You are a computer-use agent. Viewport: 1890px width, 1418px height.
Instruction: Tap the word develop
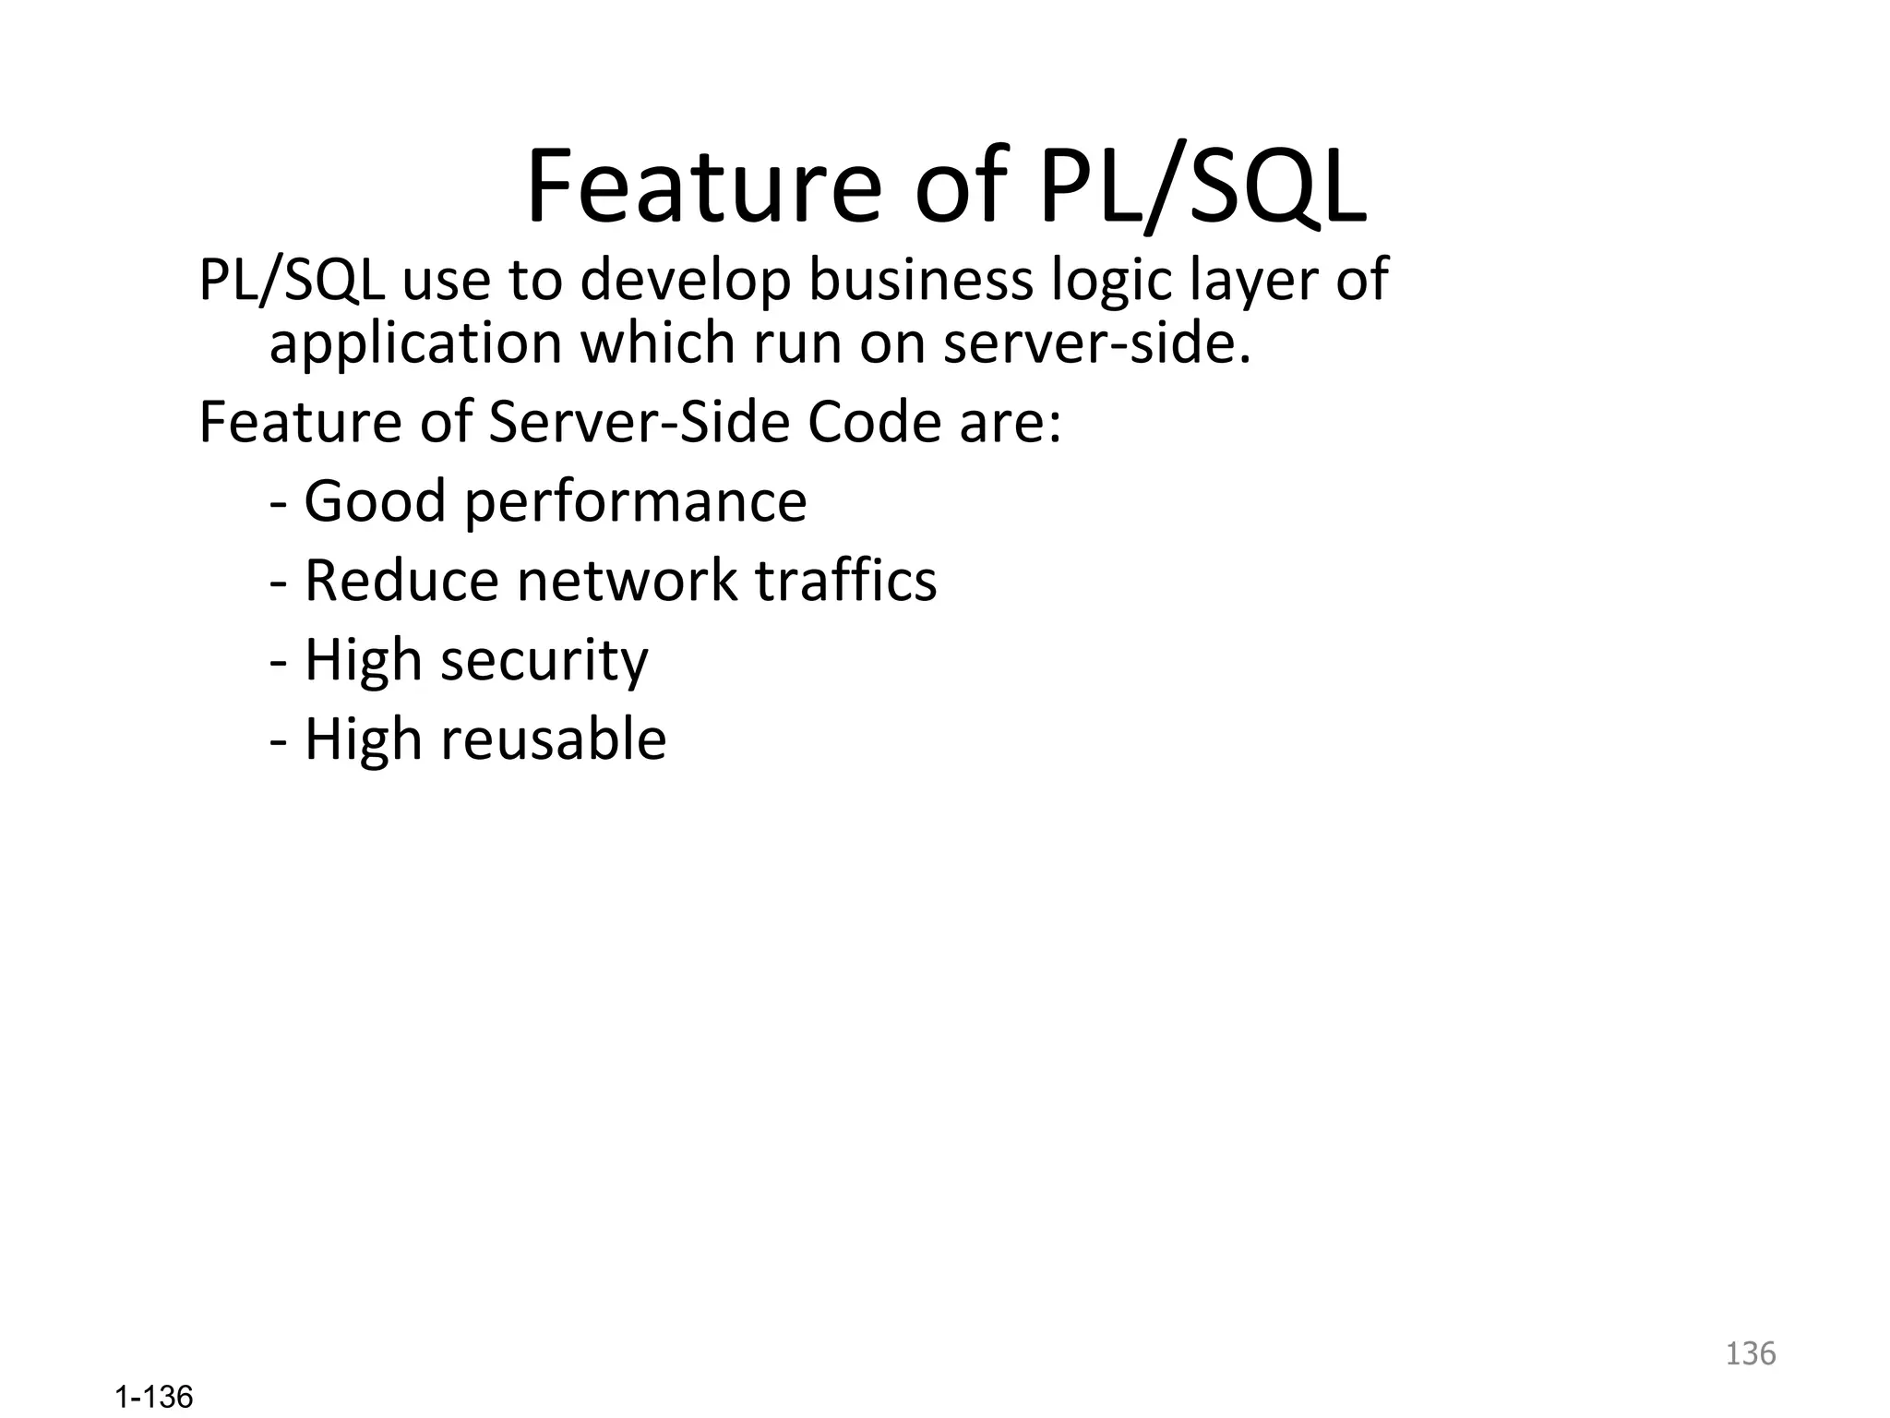tap(685, 281)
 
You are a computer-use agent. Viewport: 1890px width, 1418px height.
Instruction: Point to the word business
tap(921, 281)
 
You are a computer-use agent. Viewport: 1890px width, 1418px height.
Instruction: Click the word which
tap(658, 343)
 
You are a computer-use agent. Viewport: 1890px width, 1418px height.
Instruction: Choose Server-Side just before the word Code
tap(640, 423)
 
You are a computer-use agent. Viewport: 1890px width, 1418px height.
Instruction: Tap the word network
tap(628, 581)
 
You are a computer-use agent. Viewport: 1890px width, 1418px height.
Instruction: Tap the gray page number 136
tap(1751, 1353)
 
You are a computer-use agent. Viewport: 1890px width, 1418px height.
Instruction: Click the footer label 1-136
tap(154, 1398)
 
